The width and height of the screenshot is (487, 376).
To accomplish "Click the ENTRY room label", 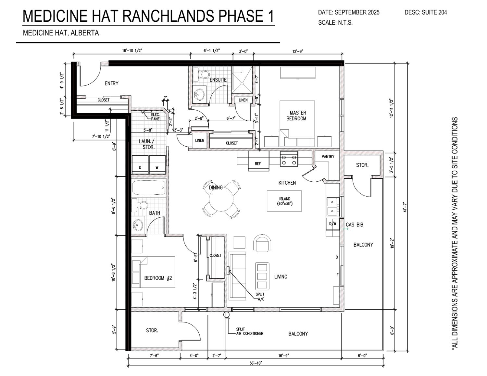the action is point(111,83).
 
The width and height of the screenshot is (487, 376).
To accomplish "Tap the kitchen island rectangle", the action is point(284,201).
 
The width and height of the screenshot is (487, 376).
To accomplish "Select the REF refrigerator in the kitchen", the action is point(258,161).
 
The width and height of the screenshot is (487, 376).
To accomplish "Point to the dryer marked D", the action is point(140,164).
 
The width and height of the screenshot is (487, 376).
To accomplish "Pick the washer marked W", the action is point(157,164).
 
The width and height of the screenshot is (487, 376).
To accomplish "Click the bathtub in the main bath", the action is point(149,188).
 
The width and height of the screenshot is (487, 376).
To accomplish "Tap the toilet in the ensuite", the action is point(202,74).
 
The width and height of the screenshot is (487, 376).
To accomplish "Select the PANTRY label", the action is point(328,157).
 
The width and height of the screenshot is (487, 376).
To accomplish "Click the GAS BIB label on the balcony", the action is point(354,224).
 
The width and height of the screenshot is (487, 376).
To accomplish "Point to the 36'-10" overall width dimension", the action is point(256,363).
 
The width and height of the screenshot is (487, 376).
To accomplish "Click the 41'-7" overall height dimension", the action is point(405,207).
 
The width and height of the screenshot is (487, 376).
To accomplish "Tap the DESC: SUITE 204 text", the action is point(426,13).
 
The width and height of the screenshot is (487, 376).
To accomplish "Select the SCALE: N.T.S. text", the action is point(335,23).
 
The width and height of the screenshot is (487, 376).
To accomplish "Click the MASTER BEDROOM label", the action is point(297,116).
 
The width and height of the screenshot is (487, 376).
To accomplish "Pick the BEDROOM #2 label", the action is point(158,278).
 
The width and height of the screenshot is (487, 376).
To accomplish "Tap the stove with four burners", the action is point(289,159).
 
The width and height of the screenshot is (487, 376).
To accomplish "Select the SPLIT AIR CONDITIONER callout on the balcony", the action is point(249,331).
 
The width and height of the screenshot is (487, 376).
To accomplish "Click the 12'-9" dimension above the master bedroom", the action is point(298,51).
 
